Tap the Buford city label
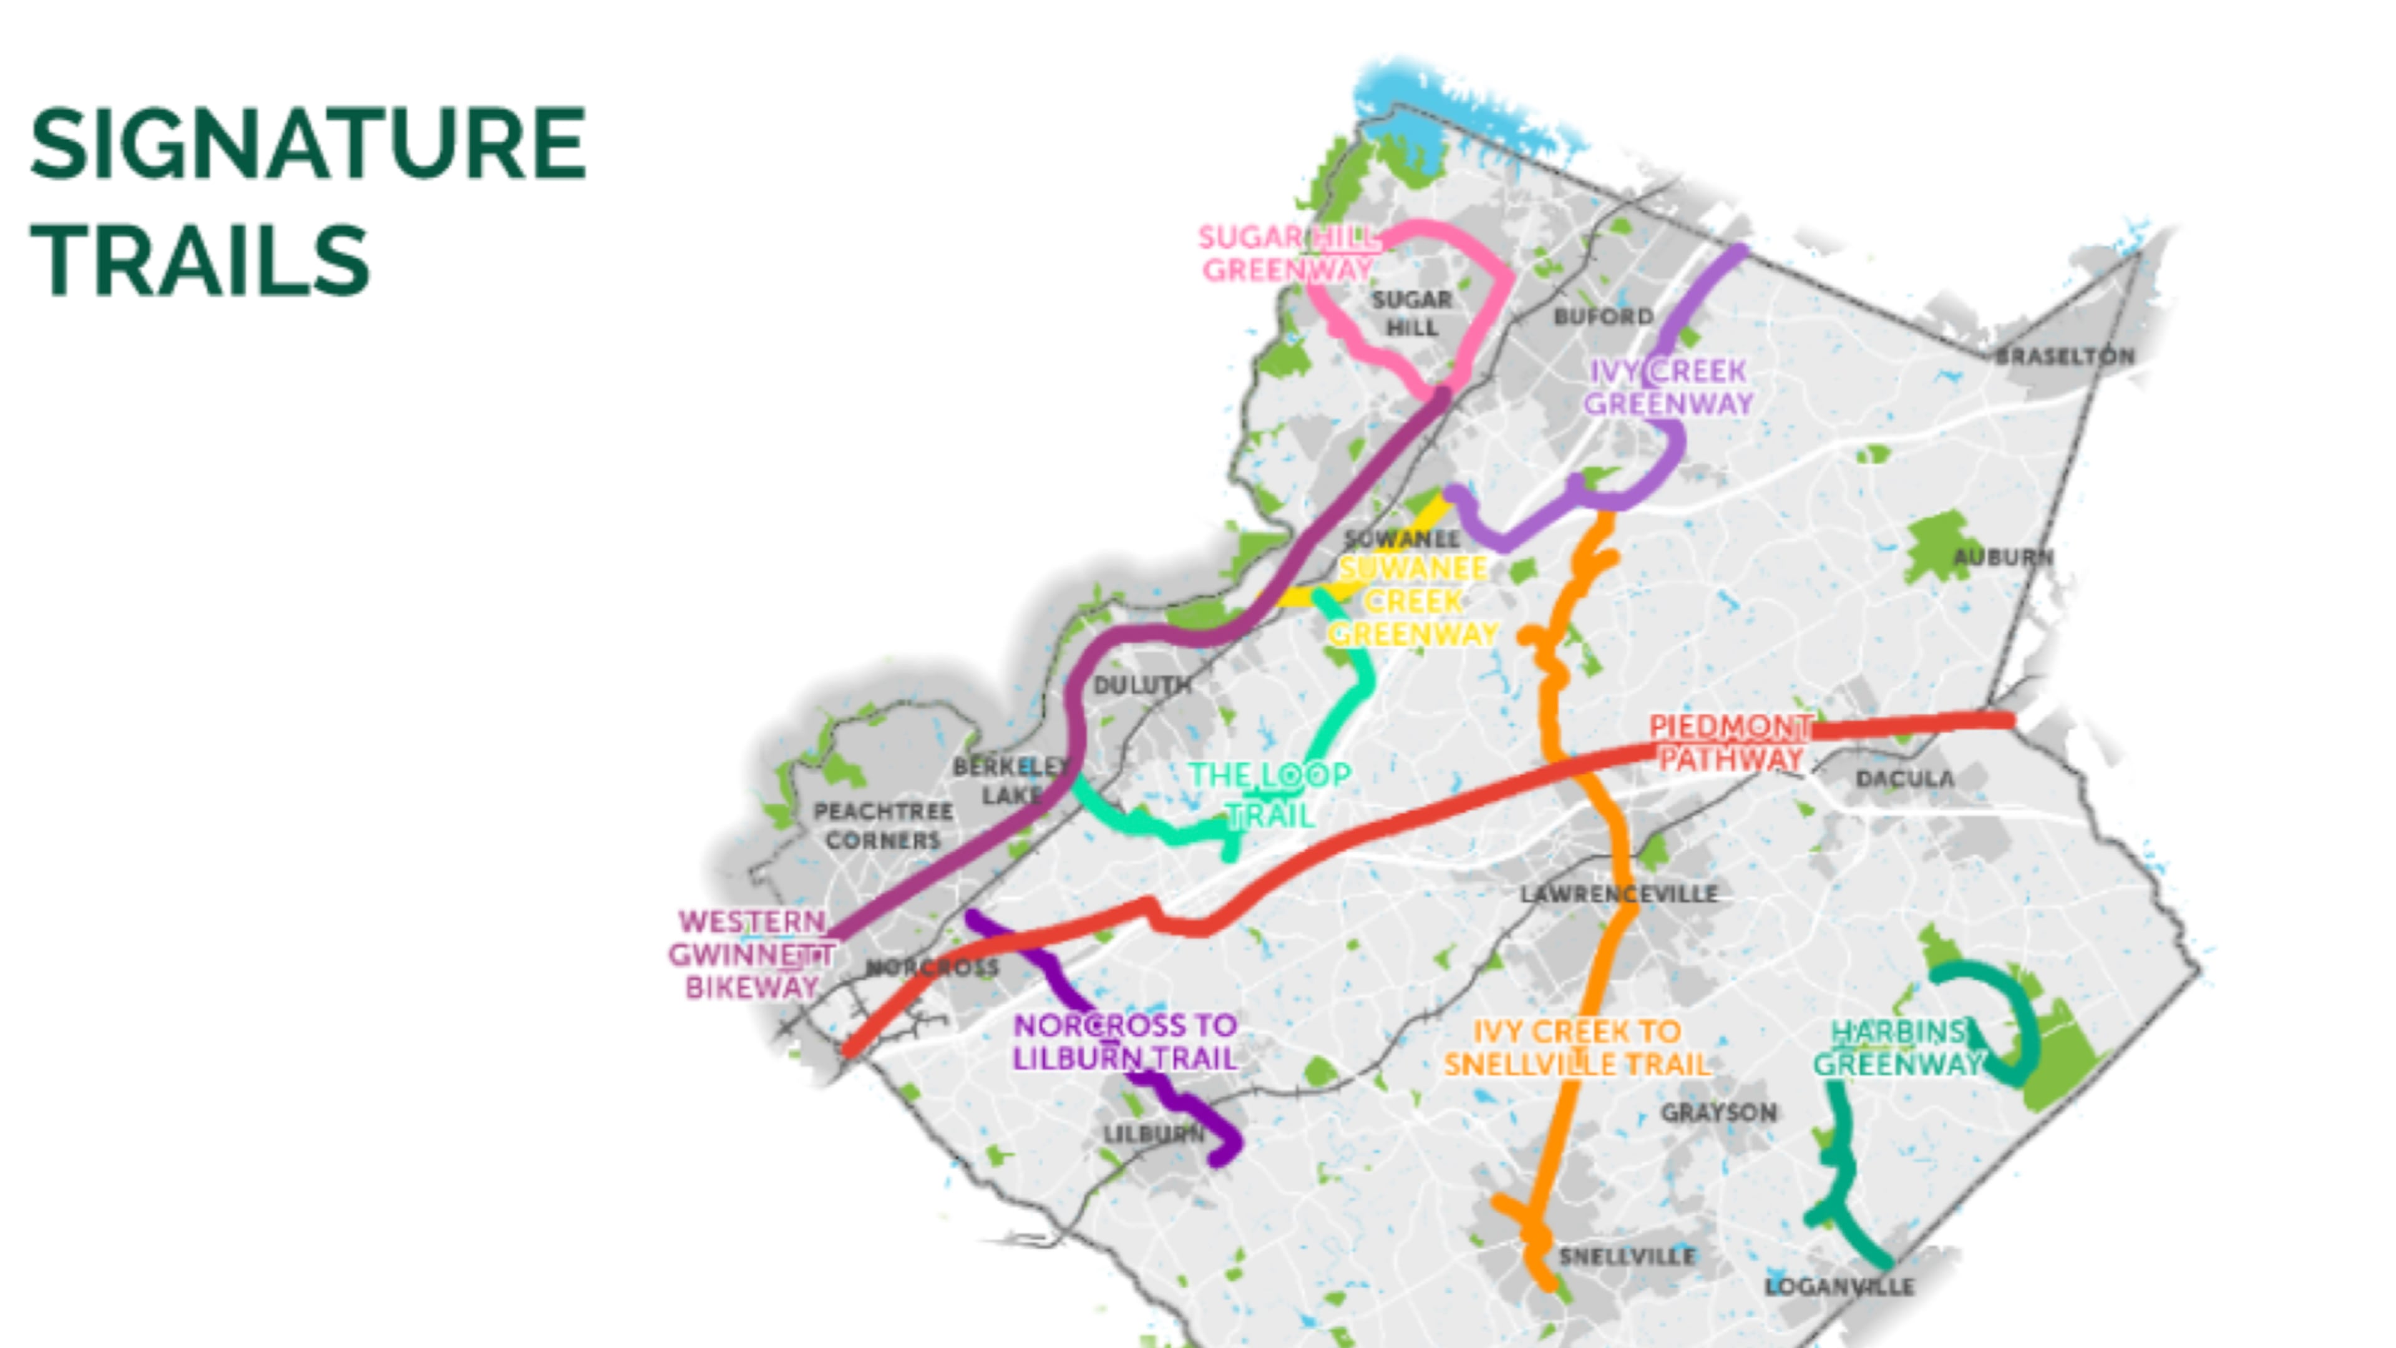tap(1604, 316)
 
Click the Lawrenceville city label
tap(1619, 895)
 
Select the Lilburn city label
tap(1153, 1134)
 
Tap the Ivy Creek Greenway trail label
tap(1668, 387)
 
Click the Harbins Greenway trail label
tap(1897, 1048)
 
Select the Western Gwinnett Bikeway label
tap(751, 954)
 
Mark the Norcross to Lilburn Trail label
tap(1124, 1042)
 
